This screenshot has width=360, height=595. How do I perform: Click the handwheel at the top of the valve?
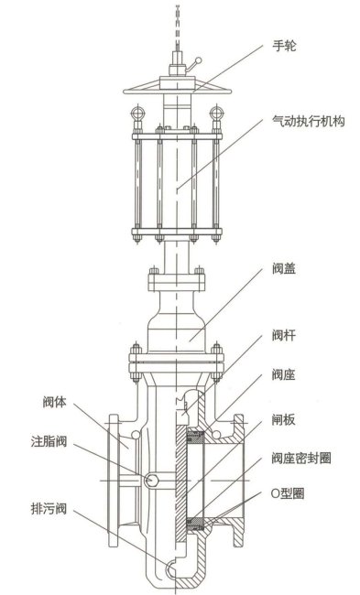click(178, 89)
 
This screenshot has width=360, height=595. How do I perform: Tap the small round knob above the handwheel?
click(197, 63)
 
